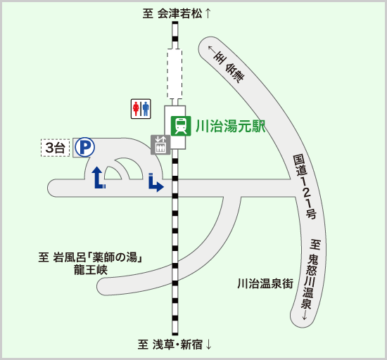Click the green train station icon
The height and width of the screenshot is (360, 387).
pyautogui.click(x=181, y=126)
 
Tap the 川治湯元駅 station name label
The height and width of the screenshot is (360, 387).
pyautogui.click(x=231, y=127)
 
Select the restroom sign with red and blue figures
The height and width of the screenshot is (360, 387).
pyautogui.click(x=141, y=109)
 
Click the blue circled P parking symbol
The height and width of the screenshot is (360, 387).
pyautogui.click(x=84, y=147)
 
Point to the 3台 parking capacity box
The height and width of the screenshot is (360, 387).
pyautogui.click(x=55, y=148)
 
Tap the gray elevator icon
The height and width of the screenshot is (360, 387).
pyautogui.click(x=160, y=145)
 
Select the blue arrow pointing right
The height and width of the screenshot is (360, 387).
pyautogui.click(x=156, y=183)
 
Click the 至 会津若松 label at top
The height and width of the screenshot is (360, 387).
pyautogui.click(x=172, y=13)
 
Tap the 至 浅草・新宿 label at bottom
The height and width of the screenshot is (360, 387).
pyautogui.click(x=170, y=345)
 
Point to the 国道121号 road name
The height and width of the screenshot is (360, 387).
pyautogui.click(x=305, y=187)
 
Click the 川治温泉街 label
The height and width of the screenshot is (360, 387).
pyautogui.click(x=265, y=283)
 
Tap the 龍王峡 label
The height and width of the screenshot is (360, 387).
pyautogui.click(x=91, y=270)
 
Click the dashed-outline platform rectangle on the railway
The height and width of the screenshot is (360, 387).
pyautogui.click(x=175, y=74)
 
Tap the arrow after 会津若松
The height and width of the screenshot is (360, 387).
pyautogui.click(x=208, y=13)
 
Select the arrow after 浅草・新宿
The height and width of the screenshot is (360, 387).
pyautogui.click(x=208, y=345)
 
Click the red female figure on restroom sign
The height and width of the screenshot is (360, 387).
pyautogui.click(x=136, y=109)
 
